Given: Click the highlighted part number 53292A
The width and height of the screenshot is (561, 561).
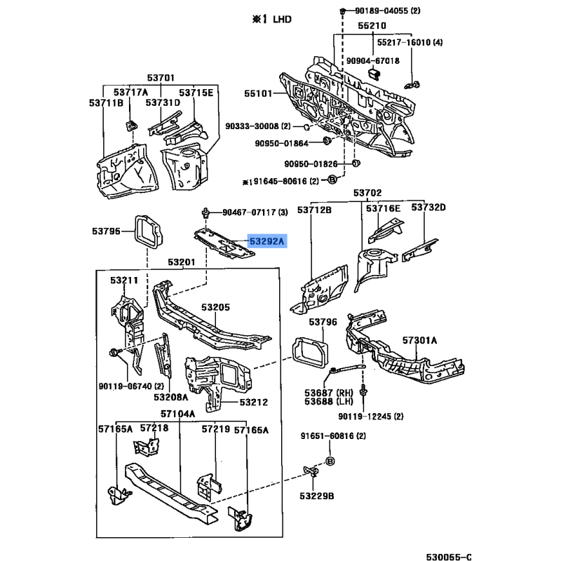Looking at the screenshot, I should [267, 242].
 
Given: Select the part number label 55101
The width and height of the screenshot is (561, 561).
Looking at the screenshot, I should [259, 91].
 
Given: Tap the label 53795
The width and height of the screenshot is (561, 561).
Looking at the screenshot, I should [105, 230].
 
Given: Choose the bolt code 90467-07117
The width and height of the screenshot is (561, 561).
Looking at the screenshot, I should [245, 212].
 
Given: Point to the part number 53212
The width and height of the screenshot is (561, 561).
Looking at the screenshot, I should [253, 403].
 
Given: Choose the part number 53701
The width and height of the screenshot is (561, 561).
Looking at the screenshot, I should [161, 78].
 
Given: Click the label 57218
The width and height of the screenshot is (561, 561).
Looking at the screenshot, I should [154, 428].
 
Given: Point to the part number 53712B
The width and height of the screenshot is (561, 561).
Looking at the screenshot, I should [314, 208].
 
